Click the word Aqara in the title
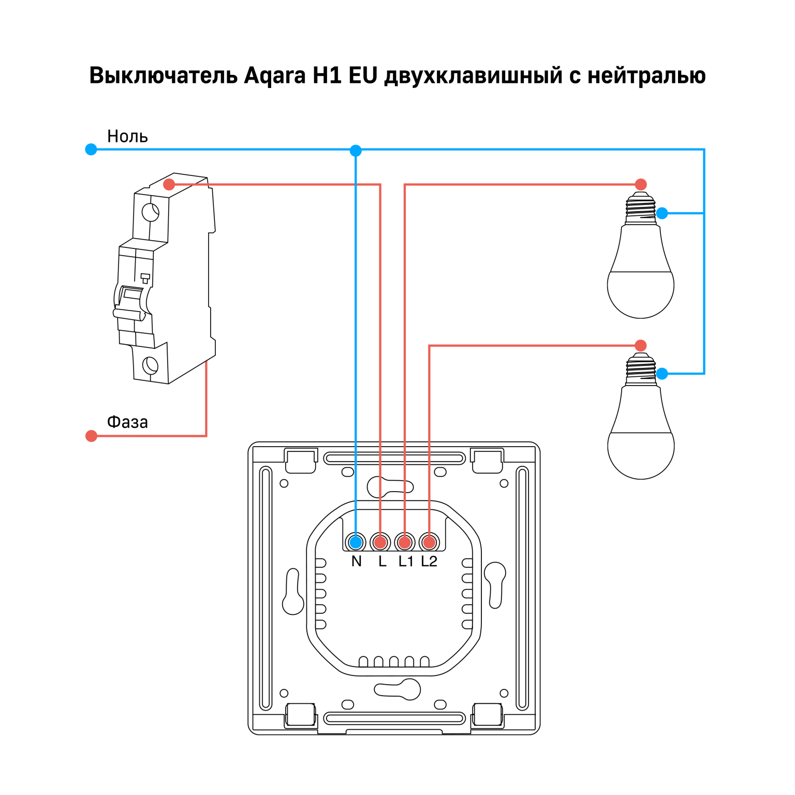(x=274, y=76)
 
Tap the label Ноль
(x=127, y=136)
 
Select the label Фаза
(x=127, y=422)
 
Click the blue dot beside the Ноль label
(x=91, y=150)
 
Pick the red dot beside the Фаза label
(x=92, y=436)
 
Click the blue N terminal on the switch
(x=356, y=542)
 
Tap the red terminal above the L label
(x=380, y=542)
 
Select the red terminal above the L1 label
(x=405, y=542)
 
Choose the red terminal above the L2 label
(x=429, y=542)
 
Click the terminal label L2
(x=429, y=561)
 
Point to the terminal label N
(x=356, y=561)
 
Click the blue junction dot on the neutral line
(x=356, y=151)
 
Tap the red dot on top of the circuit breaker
(x=169, y=184)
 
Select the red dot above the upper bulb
(x=641, y=184)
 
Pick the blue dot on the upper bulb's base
(x=662, y=213)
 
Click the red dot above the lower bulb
(x=641, y=345)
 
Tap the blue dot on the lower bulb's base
(x=662, y=373)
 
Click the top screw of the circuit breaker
(x=150, y=212)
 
